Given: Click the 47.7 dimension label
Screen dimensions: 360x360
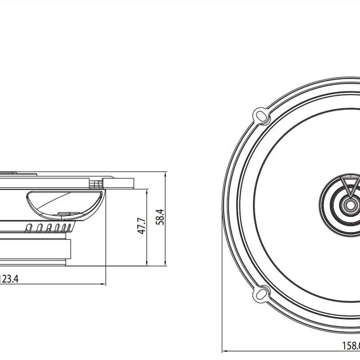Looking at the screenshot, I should coord(142,226).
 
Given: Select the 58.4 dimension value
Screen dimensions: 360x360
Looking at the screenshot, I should coord(160,217).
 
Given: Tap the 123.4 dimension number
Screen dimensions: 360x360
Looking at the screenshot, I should coord(9,279).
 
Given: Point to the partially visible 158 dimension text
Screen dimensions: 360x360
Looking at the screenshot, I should coord(351,346).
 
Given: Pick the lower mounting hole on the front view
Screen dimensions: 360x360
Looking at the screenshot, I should coord(261,295).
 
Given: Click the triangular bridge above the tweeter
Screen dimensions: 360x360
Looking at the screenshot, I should coord(350,185).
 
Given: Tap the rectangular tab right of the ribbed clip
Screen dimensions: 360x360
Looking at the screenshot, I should coord(118,183).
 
